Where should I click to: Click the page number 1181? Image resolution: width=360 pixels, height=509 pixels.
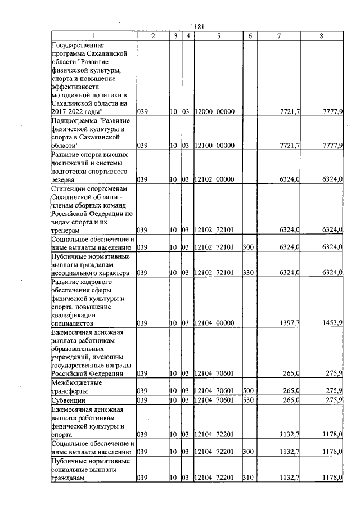[x=197, y=26]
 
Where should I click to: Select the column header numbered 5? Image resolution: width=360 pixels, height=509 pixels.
[x=218, y=36]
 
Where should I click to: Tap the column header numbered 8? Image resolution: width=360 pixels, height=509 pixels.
[x=321, y=36]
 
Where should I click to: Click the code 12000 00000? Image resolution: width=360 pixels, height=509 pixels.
[x=214, y=112]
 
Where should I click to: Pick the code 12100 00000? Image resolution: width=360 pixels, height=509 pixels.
[x=214, y=146]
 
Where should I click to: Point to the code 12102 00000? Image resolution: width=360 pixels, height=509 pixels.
[x=214, y=179]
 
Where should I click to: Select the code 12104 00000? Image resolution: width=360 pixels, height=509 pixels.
[x=214, y=324]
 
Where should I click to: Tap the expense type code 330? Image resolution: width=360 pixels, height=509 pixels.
[x=247, y=273]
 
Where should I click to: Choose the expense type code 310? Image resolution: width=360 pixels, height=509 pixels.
[x=247, y=478]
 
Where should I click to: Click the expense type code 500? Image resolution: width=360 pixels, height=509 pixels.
[x=247, y=390]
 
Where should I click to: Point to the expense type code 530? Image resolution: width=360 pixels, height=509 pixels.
[x=247, y=400]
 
